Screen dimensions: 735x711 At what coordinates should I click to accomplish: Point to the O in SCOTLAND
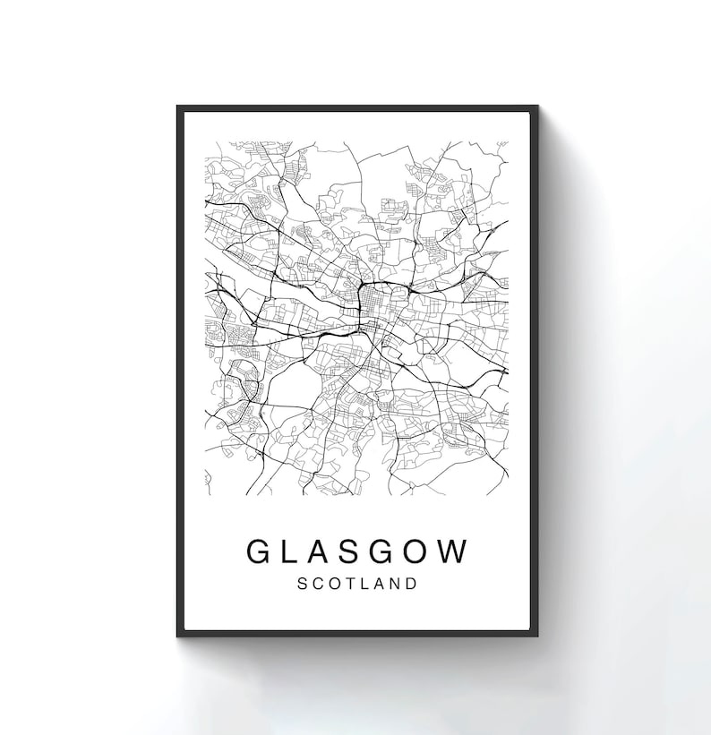331,583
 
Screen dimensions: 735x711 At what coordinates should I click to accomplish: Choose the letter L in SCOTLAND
363,583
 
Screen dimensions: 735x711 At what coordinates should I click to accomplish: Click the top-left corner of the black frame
178,107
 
